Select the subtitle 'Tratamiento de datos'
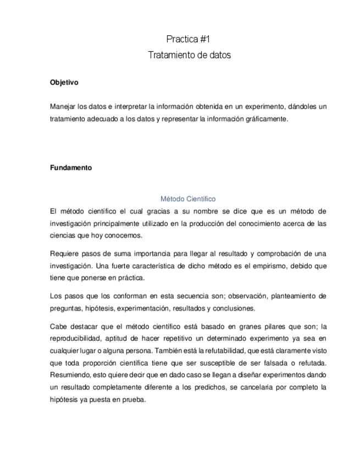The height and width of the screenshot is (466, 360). pyautogui.click(x=190, y=55)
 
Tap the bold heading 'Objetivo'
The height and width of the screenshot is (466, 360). pyautogui.click(x=64, y=83)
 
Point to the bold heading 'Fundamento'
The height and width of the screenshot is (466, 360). pyautogui.click(x=71, y=168)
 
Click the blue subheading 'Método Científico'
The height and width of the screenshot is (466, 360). pyautogui.click(x=188, y=198)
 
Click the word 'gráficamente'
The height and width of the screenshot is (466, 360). pyautogui.click(x=267, y=119)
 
